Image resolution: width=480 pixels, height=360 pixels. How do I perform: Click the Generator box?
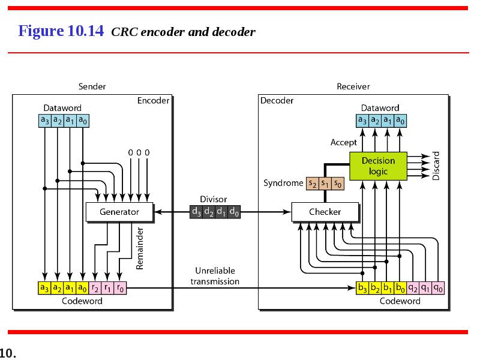click(x=119, y=212)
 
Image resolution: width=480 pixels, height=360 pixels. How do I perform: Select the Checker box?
click(x=325, y=212)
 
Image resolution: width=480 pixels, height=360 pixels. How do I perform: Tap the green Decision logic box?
click(x=378, y=166)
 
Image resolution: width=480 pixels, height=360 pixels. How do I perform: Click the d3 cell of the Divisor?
click(x=196, y=212)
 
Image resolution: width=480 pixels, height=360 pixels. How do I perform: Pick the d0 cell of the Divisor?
click(x=234, y=212)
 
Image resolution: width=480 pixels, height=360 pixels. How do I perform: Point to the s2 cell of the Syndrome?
click(x=313, y=184)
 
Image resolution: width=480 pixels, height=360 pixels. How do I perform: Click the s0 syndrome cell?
click(x=338, y=184)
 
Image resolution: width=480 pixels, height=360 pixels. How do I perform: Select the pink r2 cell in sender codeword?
click(x=95, y=288)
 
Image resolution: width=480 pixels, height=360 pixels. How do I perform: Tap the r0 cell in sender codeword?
click(x=120, y=288)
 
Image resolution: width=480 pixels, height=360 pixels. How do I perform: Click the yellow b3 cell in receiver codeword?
click(x=362, y=288)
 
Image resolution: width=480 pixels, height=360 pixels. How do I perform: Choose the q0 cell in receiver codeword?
click(x=438, y=288)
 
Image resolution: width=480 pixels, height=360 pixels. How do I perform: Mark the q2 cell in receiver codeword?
click(x=413, y=288)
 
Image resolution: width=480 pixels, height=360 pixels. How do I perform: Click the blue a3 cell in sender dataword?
click(x=45, y=121)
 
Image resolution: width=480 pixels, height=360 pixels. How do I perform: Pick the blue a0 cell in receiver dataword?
click(x=400, y=121)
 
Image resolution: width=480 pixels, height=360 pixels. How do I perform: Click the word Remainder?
click(x=140, y=248)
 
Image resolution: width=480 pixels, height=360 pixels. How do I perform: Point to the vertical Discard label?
click(x=436, y=166)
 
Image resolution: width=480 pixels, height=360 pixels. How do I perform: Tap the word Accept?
click(x=343, y=143)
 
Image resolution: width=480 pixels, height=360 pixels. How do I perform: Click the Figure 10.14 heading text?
click(x=61, y=31)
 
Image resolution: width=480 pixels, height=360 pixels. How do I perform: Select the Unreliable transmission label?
click(x=215, y=276)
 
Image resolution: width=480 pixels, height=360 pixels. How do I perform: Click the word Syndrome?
click(x=283, y=183)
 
